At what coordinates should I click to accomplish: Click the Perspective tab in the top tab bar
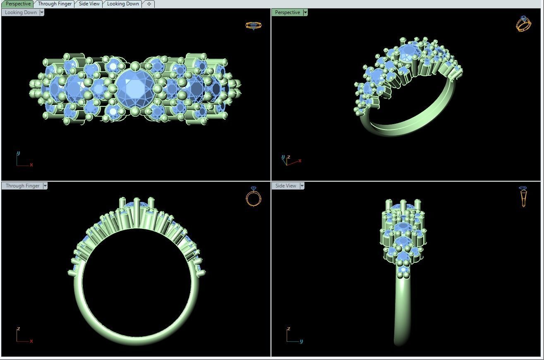[18, 4]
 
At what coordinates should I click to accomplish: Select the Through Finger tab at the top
[55, 4]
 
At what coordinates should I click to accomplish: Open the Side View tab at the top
[89, 4]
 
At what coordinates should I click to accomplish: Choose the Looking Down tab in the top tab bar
[123, 4]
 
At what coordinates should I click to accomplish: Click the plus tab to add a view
[149, 4]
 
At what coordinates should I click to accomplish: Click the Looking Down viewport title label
[21, 12]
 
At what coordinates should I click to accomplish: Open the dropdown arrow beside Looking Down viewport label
[42, 12]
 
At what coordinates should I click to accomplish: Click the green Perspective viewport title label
[288, 12]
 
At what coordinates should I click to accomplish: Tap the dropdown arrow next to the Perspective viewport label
[305, 12]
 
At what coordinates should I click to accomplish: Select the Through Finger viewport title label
[22, 186]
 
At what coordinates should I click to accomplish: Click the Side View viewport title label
[286, 186]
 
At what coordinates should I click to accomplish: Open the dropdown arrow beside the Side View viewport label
[302, 186]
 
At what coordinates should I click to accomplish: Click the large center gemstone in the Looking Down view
[135, 88]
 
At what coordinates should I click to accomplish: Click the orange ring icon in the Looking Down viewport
[253, 26]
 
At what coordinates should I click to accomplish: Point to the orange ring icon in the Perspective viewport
[523, 24]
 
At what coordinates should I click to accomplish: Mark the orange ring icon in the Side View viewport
[523, 196]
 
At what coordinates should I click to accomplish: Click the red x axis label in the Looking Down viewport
[31, 165]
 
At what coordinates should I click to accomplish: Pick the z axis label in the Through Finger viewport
[18, 329]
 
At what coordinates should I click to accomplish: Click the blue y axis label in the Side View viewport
[301, 341]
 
